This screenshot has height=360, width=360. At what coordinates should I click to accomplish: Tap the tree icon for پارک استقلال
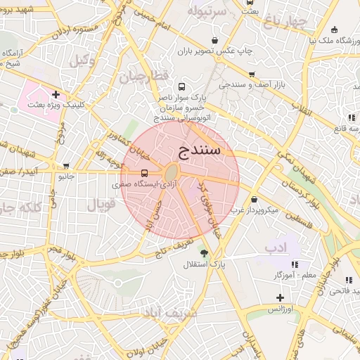[x=204, y=253]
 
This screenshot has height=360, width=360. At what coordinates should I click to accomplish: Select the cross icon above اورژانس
[x=280, y=297]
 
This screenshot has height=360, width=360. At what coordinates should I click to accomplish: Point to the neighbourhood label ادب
[x=276, y=248]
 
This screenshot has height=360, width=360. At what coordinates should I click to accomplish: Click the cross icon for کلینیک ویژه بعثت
[x=56, y=94]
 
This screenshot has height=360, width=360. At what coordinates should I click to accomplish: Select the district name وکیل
[x=82, y=61]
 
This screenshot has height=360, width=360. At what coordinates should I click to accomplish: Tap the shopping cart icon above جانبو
[x=66, y=167]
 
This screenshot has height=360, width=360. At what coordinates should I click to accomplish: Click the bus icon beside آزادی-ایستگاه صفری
[x=144, y=173]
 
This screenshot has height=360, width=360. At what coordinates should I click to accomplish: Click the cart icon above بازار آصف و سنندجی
[x=252, y=74]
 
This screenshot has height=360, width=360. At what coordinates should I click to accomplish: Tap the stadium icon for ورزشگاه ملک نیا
[x=334, y=30]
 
